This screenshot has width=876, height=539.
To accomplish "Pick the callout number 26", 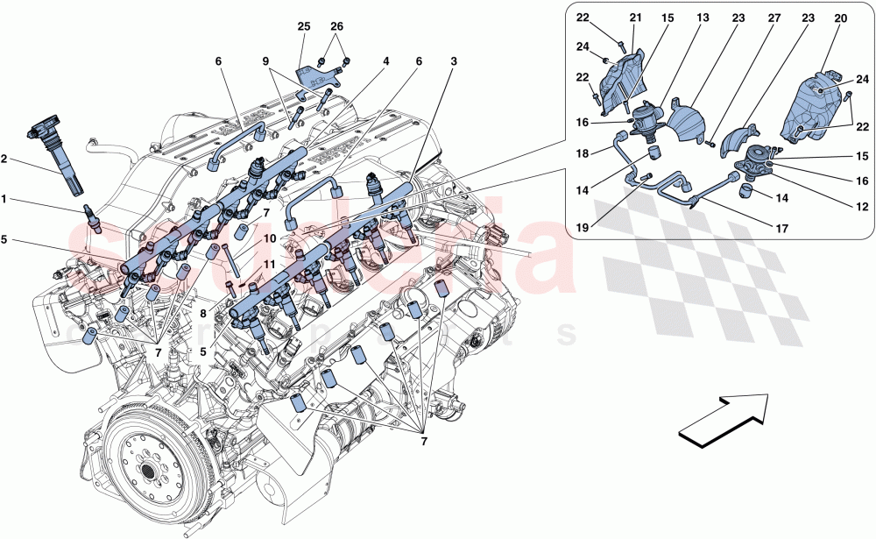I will click(338, 28).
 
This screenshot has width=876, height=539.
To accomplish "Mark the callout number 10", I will click(248, 238).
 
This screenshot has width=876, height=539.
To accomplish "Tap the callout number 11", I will click(248, 263).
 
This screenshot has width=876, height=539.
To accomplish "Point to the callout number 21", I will click(635, 18).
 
